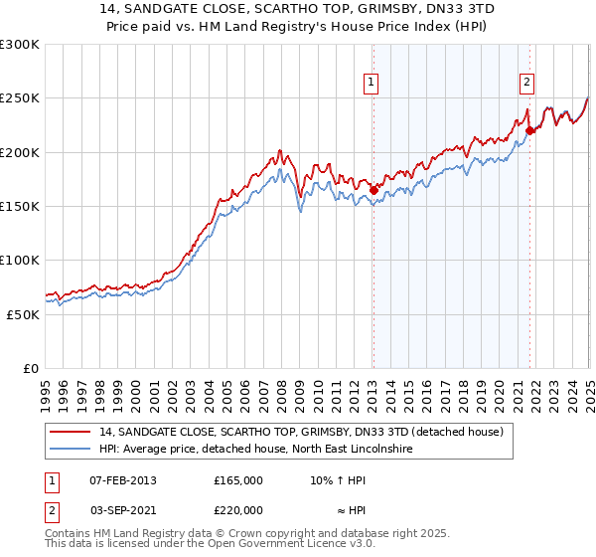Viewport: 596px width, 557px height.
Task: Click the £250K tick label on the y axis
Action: (x=20, y=98)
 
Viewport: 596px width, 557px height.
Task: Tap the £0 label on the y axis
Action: (x=31, y=368)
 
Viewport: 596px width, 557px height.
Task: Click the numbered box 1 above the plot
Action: (x=372, y=83)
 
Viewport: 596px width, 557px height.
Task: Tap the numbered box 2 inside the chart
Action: (x=526, y=83)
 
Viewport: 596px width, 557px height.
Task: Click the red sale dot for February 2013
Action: (x=373, y=190)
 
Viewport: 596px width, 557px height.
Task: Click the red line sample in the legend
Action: (x=70, y=432)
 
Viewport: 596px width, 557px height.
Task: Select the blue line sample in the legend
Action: (x=70, y=450)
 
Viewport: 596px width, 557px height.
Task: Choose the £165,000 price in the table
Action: (x=238, y=480)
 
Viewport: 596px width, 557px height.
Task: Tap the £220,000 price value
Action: (x=238, y=510)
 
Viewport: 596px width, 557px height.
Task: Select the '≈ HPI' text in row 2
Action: (x=344, y=510)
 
